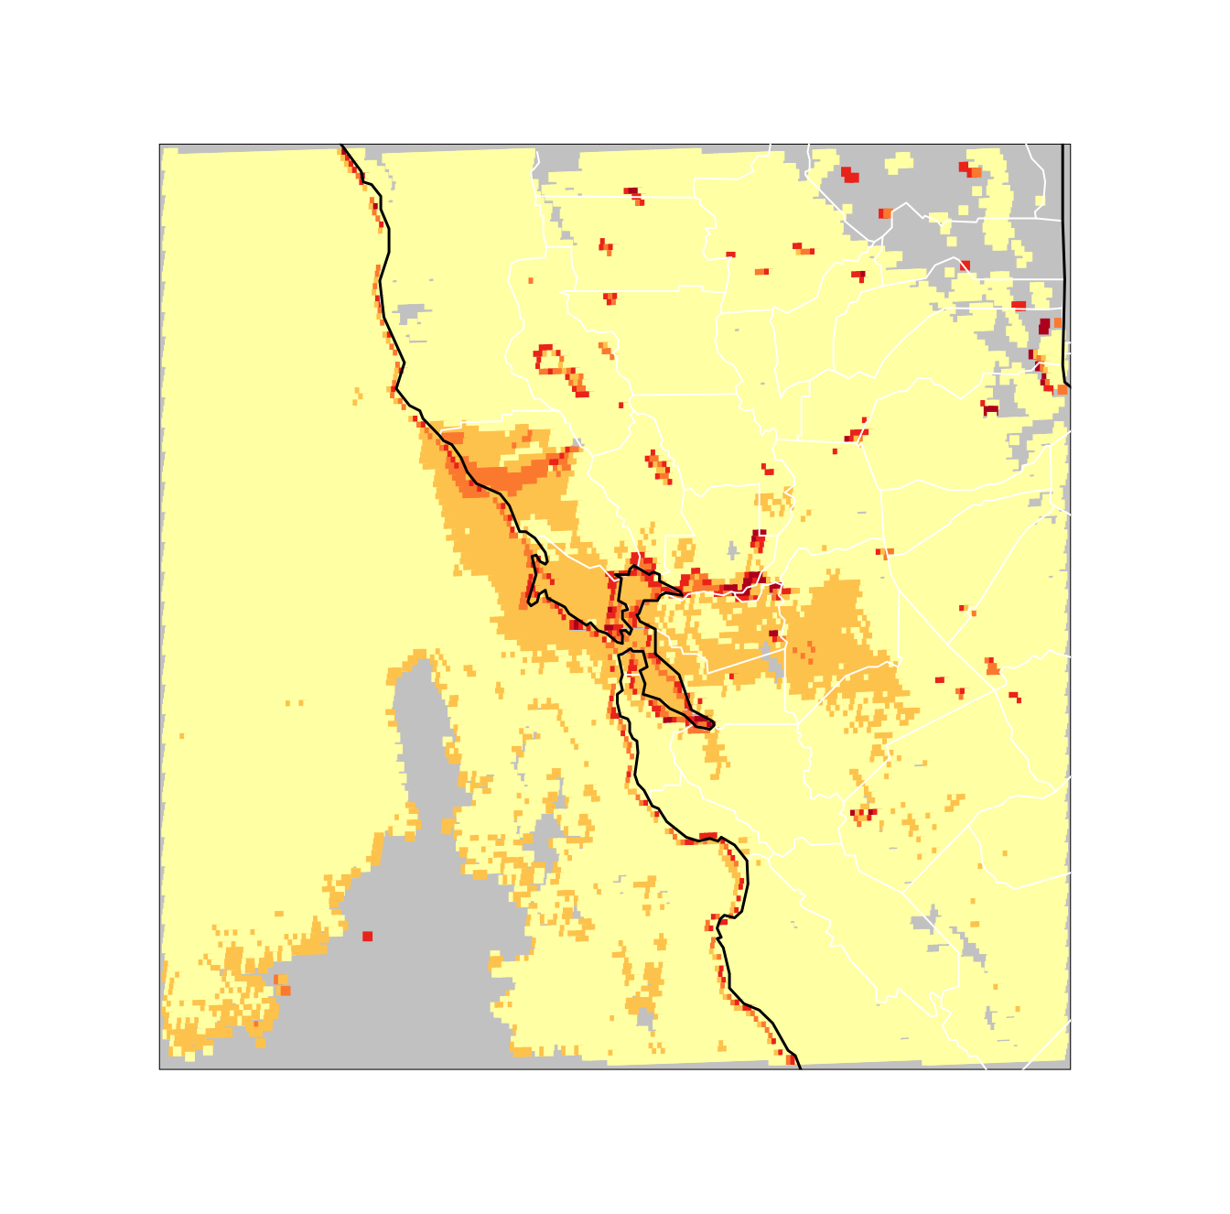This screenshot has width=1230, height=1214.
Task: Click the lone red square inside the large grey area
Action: (x=367, y=936)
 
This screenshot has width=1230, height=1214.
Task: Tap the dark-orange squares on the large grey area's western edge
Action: (x=283, y=987)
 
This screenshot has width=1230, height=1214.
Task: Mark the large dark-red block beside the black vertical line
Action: (x=1044, y=327)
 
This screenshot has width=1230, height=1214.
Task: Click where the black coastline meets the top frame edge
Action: (x=341, y=145)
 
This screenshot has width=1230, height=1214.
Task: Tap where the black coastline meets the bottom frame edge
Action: (x=799, y=1068)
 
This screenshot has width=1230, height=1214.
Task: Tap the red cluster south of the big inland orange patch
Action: (x=862, y=812)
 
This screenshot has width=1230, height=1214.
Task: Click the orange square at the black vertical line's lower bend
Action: (x=1062, y=389)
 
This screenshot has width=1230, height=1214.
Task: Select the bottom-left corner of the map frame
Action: (x=160, y=1068)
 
